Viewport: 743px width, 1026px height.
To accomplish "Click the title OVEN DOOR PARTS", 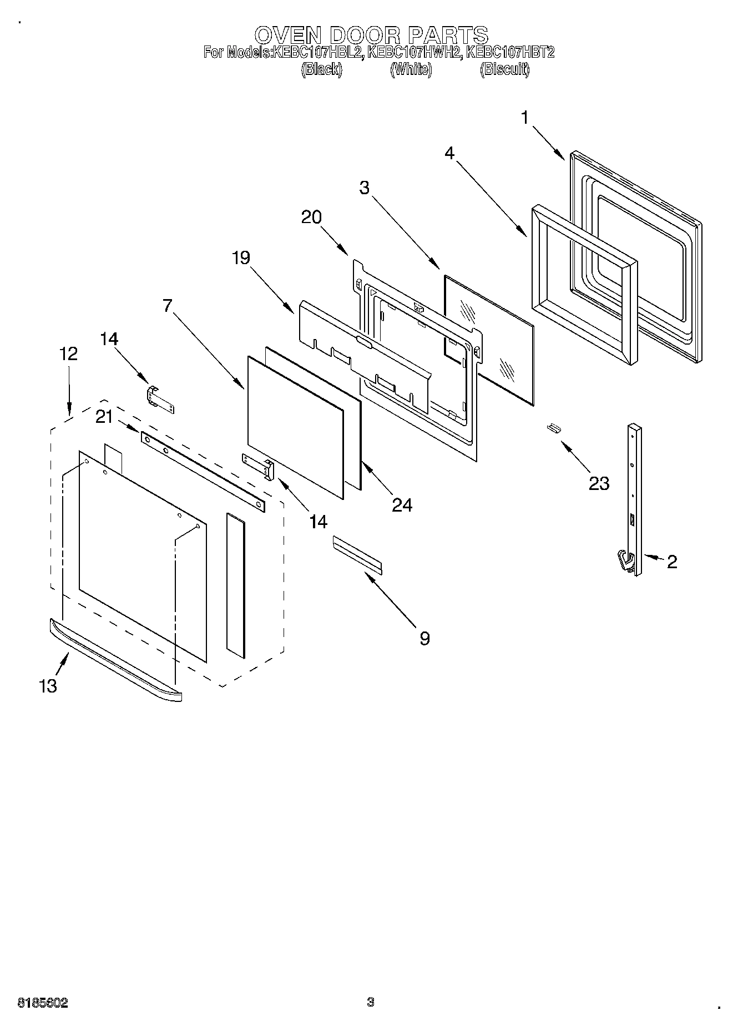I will [x=371, y=35].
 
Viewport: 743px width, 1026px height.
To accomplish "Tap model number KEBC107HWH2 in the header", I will [x=415, y=53].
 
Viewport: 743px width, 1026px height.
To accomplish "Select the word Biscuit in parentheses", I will [x=504, y=69].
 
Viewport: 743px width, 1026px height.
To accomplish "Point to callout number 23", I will [x=599, y=483].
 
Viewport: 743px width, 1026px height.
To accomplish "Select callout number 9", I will [x=424, y=639].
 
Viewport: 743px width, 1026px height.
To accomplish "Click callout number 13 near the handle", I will [x=48, y=686].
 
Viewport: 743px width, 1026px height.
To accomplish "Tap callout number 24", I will [x=402, y=504].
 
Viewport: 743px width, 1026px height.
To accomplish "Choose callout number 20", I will [x=311, y=217].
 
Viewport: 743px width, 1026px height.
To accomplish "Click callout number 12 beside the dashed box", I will [x=69, y=353].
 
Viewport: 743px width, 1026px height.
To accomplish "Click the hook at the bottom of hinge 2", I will [x=626, y=560].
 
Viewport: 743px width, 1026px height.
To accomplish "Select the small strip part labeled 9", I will [x=357, y=554].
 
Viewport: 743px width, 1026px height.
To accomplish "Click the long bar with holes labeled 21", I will [x=203, y=471].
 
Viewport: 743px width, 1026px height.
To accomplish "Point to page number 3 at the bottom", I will [x=371, y=1002].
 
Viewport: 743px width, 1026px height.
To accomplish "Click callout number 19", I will [x=241, y=258].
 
